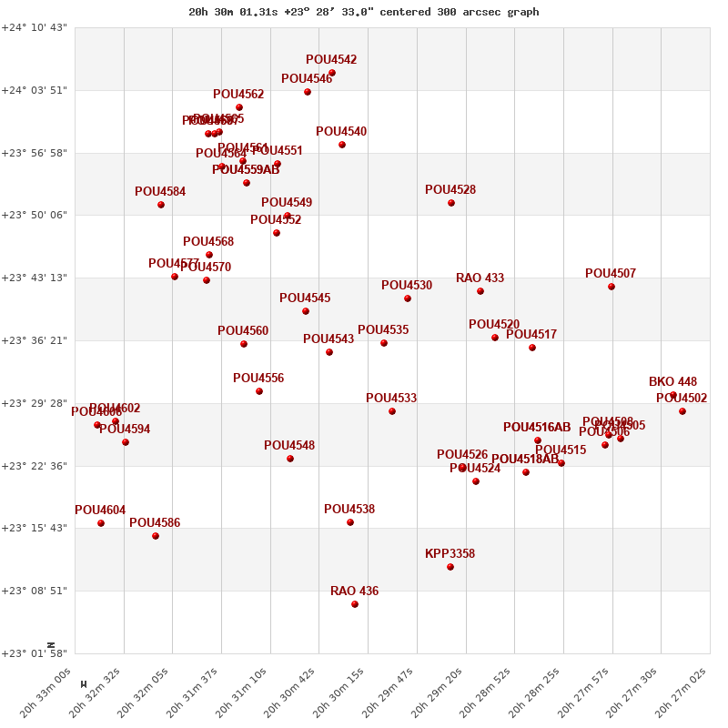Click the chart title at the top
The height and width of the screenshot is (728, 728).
click(x=363, y=12)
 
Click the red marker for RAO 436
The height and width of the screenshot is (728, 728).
click(x=355, y=604)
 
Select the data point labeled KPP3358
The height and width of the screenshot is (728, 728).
click(x=450, y=567)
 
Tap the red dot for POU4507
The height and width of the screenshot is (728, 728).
click(x=612, y=287)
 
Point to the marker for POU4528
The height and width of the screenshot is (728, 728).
click(x=451, y=203)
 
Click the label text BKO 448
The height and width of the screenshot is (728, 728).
click(x=672, y=382)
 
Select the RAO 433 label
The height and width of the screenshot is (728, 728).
click(x=480, y=278)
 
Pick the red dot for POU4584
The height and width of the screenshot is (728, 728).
click(x=161, y=205)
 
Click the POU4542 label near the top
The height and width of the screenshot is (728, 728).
click(x=331, y=60)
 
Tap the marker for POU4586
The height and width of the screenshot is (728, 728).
click(x=156, y=536)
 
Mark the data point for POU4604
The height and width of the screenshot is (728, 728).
click(x=101, y=523)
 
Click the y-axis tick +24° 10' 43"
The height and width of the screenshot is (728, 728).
click(x=35, y=28)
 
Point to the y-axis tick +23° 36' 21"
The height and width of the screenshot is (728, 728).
click(x=35, y=340)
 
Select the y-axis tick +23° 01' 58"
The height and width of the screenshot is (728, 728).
click(x=35, y=653)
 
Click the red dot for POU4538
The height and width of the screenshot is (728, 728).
click(x=350, y=522)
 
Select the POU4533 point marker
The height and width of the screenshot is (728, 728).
click(x=392, y=411)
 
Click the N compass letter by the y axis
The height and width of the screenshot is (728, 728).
click(x=52, y=644)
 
